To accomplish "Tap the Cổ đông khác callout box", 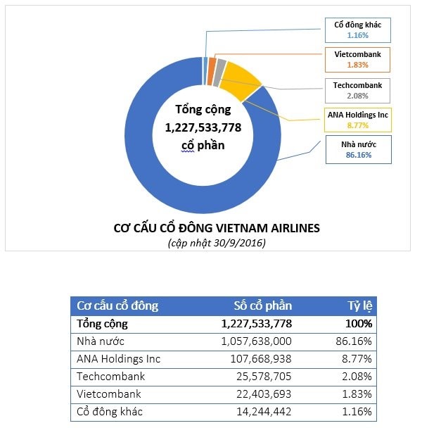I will (x=357, y=29).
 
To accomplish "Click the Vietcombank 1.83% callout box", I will (x=357, y=59).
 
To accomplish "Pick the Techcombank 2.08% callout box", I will (x=357, y=90).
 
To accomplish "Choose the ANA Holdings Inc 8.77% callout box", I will (x=357, y=120).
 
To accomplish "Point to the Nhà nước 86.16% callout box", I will (x=357, y=150).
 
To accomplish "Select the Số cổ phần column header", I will (x=262, y=306).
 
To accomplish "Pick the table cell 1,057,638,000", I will (x=256, y=341).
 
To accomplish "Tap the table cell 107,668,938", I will (x=259, y=358).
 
